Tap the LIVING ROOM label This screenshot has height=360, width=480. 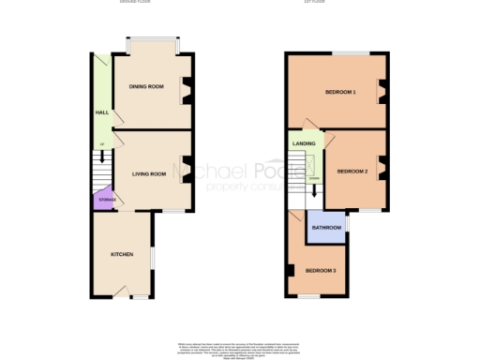click(148, 174)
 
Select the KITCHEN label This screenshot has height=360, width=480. click(122, 254)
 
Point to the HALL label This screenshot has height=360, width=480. click(101, 112)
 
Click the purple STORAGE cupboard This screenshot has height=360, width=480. click(102, 199)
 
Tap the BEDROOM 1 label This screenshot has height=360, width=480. click(340, 92)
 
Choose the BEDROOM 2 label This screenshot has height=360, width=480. click(352, 171)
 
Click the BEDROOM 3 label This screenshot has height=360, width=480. click(320, 271)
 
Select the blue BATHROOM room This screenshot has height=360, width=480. click(326, 228)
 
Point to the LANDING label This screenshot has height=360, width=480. click(304, 143)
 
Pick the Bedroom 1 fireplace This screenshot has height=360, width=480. click(382, 90)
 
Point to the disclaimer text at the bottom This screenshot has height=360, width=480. click(239, 350)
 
